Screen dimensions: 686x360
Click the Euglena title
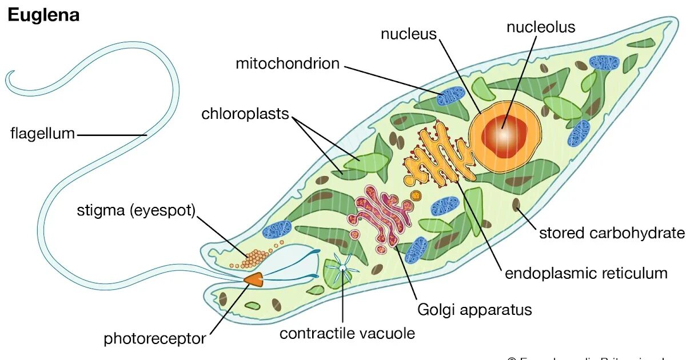click(43, 15)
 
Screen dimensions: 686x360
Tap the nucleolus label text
click(541, 27)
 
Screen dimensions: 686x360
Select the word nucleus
click(409, 34)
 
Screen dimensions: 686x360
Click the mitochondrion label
click(288, 63)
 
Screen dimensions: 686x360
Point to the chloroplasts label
click(245, 114)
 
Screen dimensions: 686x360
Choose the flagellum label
click(42, 134)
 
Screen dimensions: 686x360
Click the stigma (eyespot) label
click(136, 211)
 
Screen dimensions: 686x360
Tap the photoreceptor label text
click(154, 339)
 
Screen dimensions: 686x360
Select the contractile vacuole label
click(347, 333)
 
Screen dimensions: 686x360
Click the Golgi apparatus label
click(474, 310)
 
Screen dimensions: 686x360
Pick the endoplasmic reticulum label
click(586, 273)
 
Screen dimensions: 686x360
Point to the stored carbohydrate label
click(612, 233)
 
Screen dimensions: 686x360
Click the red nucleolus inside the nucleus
click(504, 137)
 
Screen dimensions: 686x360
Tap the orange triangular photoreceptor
click(253, 279)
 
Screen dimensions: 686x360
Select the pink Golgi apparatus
click(381, 214)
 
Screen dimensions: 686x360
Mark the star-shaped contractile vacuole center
click(342, 267)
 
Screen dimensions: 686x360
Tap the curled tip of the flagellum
click(13, 80)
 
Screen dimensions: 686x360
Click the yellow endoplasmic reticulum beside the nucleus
click(434, 157)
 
